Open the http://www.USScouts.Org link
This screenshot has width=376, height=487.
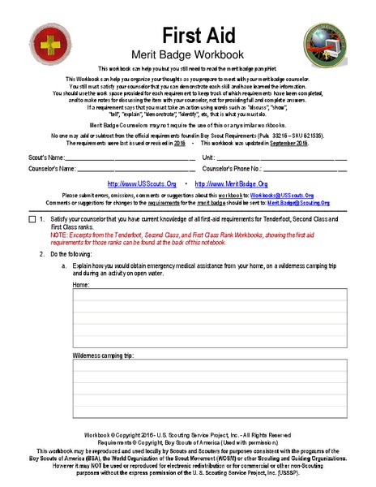tap(142, 184)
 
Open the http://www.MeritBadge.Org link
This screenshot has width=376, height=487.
tap(232, 184)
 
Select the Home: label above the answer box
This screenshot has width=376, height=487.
tap(81, 286)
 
